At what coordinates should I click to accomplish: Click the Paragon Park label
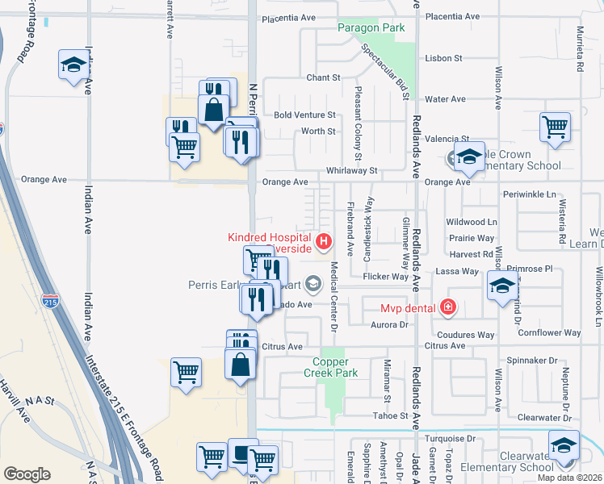371,28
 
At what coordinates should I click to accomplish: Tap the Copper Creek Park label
330,367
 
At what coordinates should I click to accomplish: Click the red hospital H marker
324,240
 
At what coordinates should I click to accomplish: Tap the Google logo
27,474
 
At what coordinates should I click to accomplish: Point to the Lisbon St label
443,58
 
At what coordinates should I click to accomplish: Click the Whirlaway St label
351,170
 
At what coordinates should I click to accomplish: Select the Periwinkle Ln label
530,194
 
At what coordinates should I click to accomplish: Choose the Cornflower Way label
549,332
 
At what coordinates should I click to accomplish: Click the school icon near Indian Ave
73,64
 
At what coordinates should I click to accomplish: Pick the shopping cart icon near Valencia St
556,126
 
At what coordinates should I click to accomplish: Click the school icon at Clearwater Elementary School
564,444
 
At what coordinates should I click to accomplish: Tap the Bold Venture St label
304,115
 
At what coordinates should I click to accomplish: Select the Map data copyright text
570,478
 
